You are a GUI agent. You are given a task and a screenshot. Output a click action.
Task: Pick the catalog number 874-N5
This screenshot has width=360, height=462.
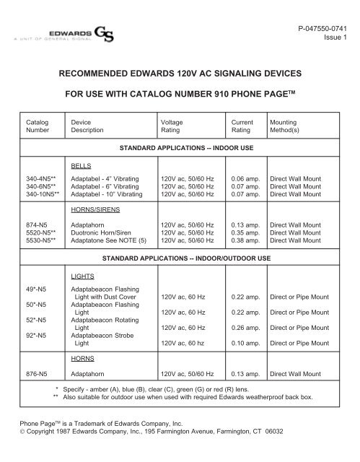coord(36,225)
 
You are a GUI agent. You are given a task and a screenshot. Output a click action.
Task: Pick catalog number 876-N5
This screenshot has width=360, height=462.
coord(36,375)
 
